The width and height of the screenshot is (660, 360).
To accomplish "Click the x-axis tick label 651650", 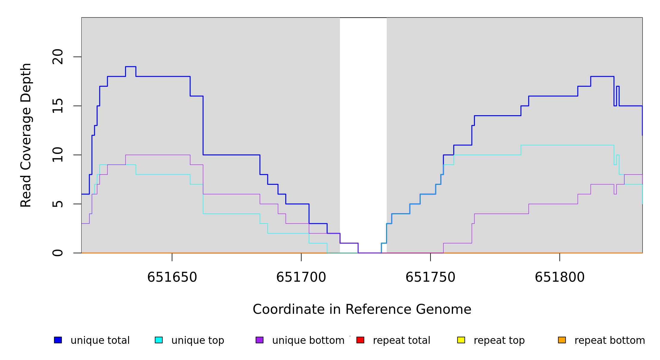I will click(x=172, y=277).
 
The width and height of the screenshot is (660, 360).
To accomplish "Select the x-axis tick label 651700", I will click(x=301, y=277).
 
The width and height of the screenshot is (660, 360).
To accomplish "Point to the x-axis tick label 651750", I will click(x=430, y=277).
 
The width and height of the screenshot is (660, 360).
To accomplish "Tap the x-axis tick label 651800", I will click(x=559, y=277).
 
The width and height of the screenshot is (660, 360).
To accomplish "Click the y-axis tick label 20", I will click(x=58, y=57).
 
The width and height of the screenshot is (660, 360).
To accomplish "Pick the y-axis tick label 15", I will click(x=58, y=106).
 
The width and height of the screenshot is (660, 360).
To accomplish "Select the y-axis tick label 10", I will click(x=58, y=155).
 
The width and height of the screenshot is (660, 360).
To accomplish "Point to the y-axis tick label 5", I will click(x=58, y=204).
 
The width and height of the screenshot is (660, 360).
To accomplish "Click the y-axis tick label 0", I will click(x=58, y=253).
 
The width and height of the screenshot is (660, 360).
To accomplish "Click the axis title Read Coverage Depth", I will click(x=26, y=135).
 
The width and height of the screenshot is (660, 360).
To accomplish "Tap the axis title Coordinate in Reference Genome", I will click(x=362, y=310).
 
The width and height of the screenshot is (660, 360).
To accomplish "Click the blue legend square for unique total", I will click(x=58, y=340).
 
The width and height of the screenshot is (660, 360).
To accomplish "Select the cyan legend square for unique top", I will click(x=159, y=340).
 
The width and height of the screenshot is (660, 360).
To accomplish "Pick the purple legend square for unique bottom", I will click(x=259, y=340).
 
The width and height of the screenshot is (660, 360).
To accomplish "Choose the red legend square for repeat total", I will click(x=360, y=340).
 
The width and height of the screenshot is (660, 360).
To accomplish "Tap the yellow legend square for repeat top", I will click(x=461, y=340).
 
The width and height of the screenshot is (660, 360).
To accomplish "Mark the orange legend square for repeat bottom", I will click(x=562, y=340).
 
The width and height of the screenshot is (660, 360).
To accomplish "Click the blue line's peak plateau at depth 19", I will click(x=130, y=67).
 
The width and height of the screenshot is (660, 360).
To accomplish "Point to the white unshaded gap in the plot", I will click(x=363, y=120).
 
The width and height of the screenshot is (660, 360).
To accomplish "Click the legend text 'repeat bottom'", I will click(x=610, y=340).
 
